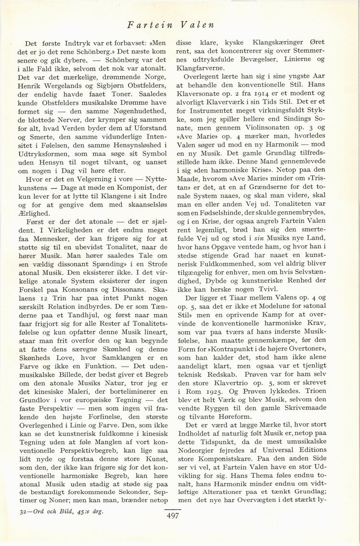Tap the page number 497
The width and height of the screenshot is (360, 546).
click(x=173, y=515)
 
